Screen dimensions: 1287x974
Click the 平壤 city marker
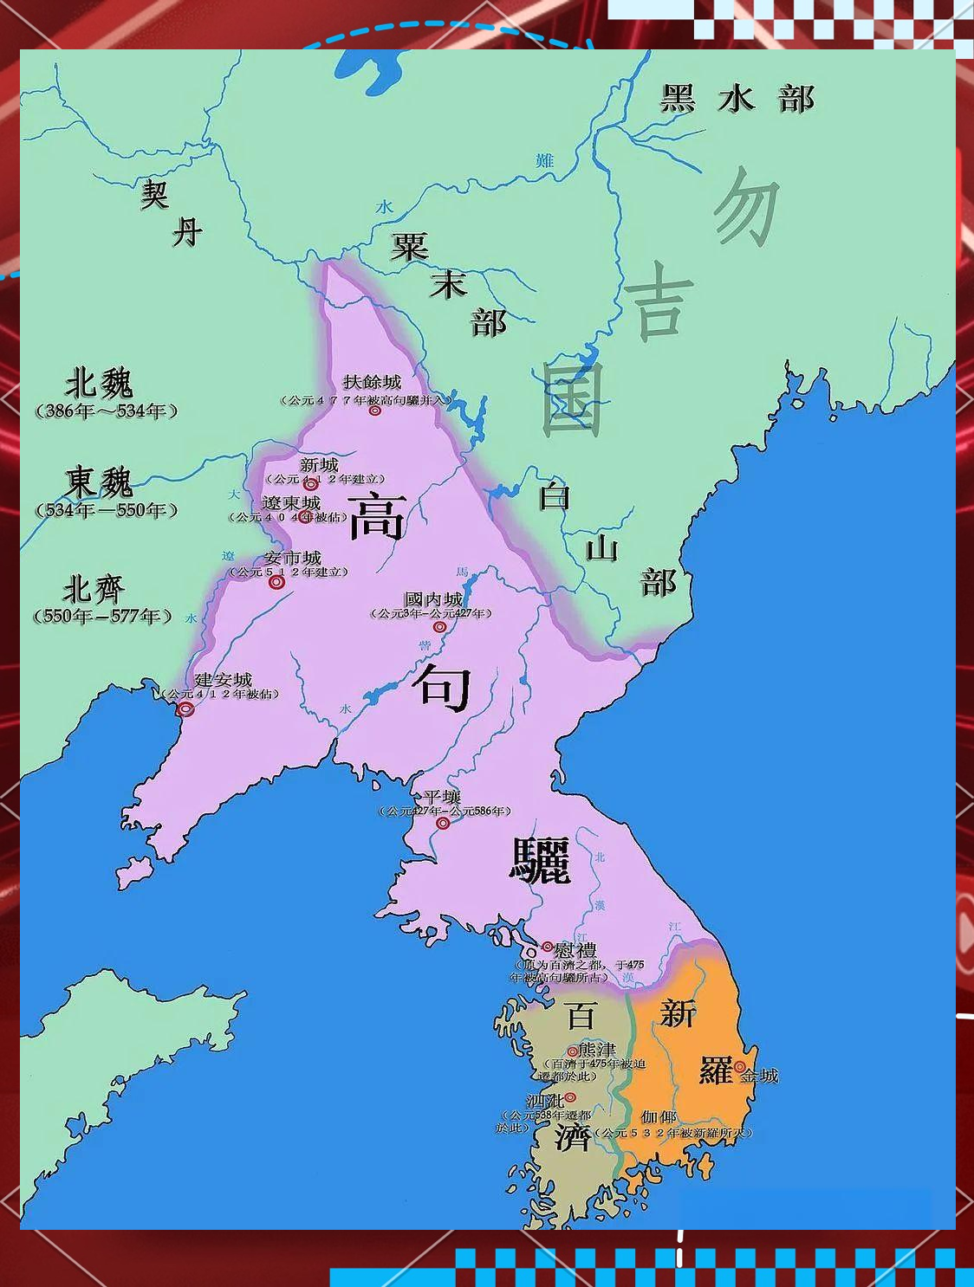pos(443,824)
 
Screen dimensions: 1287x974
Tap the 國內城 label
pos(433,599)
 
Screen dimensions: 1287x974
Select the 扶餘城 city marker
pos(375,411)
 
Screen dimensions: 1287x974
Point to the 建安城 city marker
pos(185,709)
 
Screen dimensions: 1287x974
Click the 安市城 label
pos(293,558)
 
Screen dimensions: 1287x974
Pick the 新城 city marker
pos(311,484)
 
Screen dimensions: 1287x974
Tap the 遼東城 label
pos(291,503)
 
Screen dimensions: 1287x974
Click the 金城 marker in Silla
pos(739,1068)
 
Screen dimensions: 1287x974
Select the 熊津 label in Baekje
pos(597,1050)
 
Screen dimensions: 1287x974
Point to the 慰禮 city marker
pos(547,947)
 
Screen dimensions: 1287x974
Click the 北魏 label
pos(100,382)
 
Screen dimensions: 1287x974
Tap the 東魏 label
pos(98,482)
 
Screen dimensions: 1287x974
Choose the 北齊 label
pos(94,590)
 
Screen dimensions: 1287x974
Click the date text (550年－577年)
pos(102,617)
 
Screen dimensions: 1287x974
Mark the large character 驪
pos(540,860)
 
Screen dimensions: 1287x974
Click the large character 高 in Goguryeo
pos(377,515)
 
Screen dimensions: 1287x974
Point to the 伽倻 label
pos(659,1117)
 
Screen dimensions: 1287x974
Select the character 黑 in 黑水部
pos(678,98)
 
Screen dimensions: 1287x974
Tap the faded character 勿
pos(746,207)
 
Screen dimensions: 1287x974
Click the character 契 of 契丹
pos(154,194)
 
